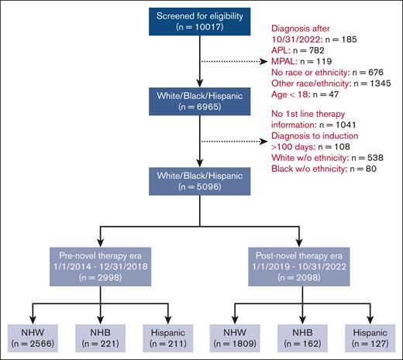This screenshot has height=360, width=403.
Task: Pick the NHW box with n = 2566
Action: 27,336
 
